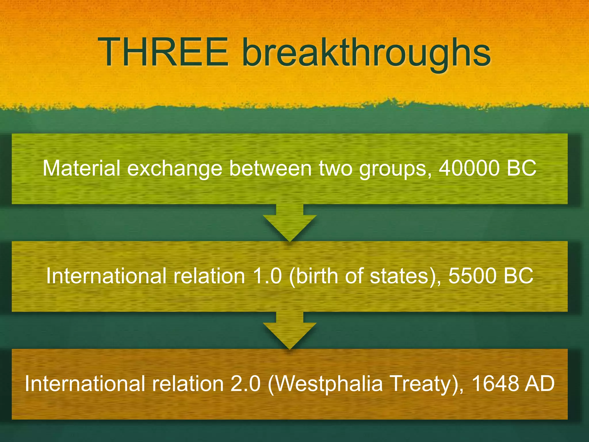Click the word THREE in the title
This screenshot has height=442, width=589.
[163, 53]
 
